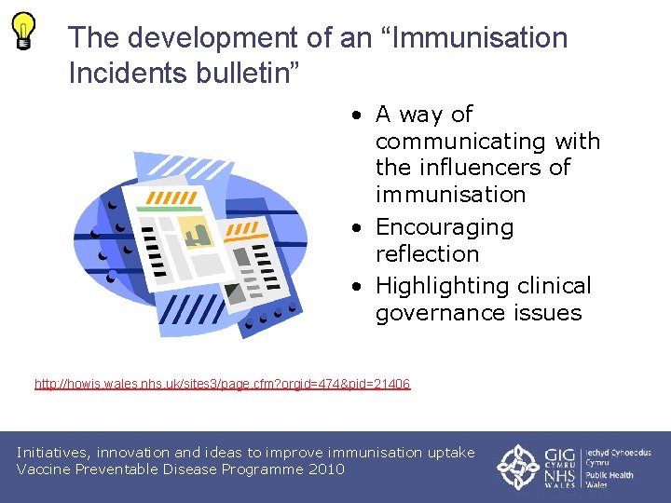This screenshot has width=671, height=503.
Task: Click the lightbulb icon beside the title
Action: tap(24, 30)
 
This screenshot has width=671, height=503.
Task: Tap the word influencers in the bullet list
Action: tap(494, 168)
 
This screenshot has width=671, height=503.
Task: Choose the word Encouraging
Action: tap(445, 227)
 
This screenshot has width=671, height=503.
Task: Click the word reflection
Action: tap(427, 253)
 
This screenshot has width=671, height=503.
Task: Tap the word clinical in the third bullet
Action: tap(556, 286)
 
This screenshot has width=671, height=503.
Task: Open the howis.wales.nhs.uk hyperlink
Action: tap(222, 384)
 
